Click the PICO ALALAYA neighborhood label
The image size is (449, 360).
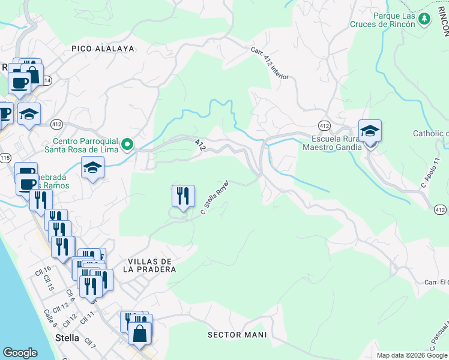[102, 48]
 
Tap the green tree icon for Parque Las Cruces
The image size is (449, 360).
[424, 19]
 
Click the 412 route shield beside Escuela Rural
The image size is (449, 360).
[324, 125]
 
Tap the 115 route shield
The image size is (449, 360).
[5, 157]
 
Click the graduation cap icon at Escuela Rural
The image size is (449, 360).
[370, 131]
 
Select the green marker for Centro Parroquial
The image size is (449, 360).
[127, 144]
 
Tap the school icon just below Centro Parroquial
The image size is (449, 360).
[93, 168]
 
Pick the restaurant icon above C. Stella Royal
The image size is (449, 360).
[183, 196]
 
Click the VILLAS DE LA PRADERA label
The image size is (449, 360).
[151, 265]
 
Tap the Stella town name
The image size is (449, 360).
[67, 338]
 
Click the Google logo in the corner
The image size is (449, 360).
[20, 353]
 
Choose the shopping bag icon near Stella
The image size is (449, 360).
[139, 333]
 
